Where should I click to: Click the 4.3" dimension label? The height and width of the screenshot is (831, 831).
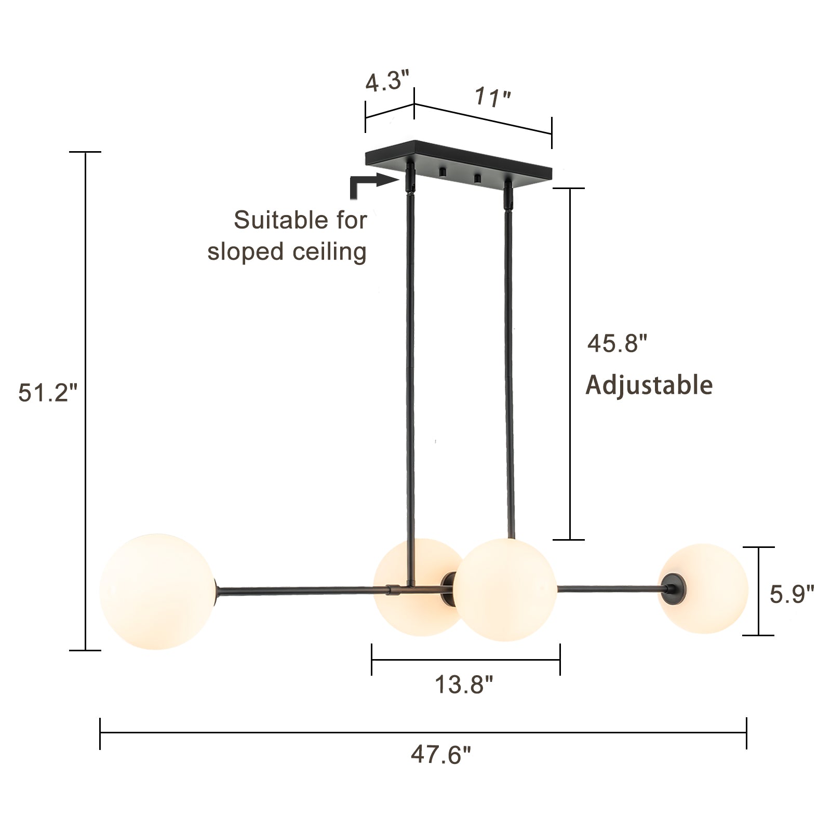click(x=387, y=82)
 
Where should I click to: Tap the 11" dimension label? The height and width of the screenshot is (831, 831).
click(x=492, y=97)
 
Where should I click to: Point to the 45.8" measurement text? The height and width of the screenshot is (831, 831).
click(x=617, y=343)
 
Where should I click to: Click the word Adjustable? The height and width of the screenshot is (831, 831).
click(x=649, y=385)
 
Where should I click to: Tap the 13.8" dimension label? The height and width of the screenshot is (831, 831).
click(x=463, y=684)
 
